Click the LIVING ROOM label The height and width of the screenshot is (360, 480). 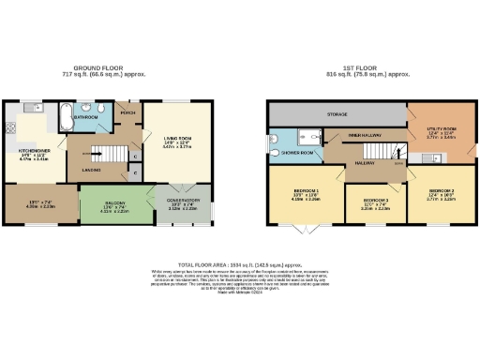[176, 137]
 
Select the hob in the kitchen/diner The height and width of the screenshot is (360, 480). [10, 128]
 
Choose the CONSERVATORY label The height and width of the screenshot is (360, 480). [184, 200]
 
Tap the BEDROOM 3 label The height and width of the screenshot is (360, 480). [375, 201]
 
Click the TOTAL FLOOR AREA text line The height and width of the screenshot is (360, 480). [239, 265]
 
